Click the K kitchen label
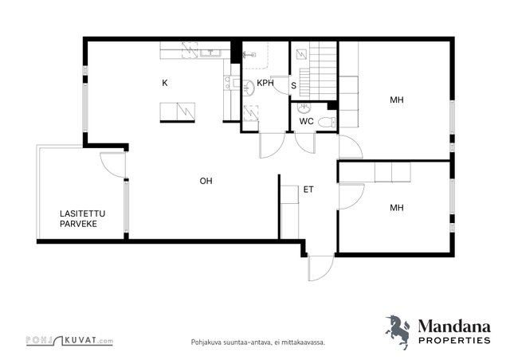click(165, 83)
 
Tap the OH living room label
click(206, 181)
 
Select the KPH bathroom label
click(265, 83)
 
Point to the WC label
click(306, 121)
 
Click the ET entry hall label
click(308, 190)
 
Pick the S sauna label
click(294, 85)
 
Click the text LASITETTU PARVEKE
click(82, 218)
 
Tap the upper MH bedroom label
click(397, 100)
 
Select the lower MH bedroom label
click(397, 207)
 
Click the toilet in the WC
click(327, 122)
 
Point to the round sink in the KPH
click(249, 88)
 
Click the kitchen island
click(177, 112)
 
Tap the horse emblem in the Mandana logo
click(398, 332)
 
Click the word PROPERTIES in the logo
click(454, 341)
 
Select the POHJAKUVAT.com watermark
click(69, 341)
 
